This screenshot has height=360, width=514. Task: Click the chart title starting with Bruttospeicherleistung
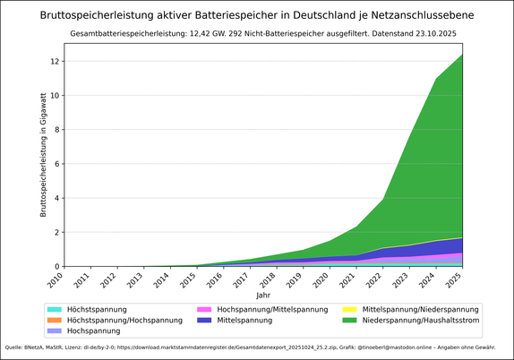(257, 15)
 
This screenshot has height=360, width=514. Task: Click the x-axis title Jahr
(262, 295)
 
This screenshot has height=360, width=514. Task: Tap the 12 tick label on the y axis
(56, 61)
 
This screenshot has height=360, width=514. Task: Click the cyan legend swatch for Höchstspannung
(56, 309)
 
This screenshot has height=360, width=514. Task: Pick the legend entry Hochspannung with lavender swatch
(98, 330)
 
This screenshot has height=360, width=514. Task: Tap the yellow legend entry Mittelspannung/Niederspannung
(413, 309)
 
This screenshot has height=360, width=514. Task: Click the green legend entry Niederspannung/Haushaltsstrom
(412, 320)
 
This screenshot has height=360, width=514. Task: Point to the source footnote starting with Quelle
(257, 347)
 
